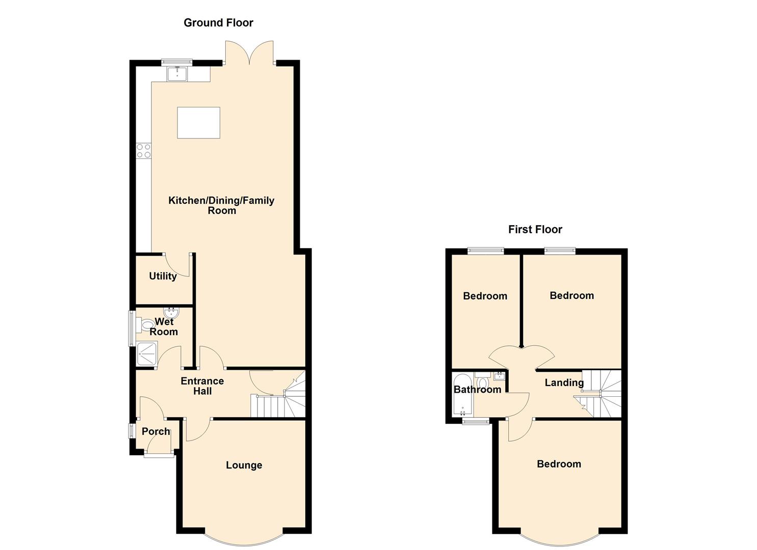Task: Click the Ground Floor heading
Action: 218,22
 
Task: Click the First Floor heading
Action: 535,230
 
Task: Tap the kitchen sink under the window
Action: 177,74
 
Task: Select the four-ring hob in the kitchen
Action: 144,151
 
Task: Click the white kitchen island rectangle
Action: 199,123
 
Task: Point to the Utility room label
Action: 163,276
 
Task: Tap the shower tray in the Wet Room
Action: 147,353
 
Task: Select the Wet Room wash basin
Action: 171,312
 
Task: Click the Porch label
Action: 156,431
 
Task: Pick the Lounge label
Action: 244,465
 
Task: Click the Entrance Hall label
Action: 202,386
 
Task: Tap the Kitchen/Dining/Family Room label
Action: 221,205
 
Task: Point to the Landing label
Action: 564,382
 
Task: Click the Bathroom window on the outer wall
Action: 476,421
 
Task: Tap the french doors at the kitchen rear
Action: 249,52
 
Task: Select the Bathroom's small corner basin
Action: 499,376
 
